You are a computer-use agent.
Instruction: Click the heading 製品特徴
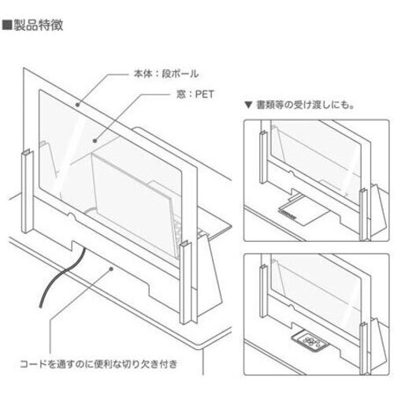pos(39,25)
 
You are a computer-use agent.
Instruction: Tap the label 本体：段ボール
pos(166,74)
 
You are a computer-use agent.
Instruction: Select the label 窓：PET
pos(195,95)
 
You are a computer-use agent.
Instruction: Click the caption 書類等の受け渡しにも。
pos(305,105)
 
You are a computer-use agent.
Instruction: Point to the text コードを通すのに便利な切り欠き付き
pos(98,364)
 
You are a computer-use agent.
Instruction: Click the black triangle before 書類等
pos(248,106)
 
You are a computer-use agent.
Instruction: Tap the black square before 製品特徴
pos(7,25)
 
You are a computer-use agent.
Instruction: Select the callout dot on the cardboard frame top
pos(77,105)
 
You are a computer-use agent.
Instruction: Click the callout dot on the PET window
pos(95,141)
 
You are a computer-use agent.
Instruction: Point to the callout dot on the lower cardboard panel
pos(111,269)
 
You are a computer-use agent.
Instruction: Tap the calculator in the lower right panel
pos(310,340)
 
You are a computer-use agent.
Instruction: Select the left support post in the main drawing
pos(28,191)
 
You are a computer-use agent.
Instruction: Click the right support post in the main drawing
pos(186,282)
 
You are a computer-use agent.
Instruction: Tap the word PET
pos(204,95)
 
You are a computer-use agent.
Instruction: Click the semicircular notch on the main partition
pos(72,216)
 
